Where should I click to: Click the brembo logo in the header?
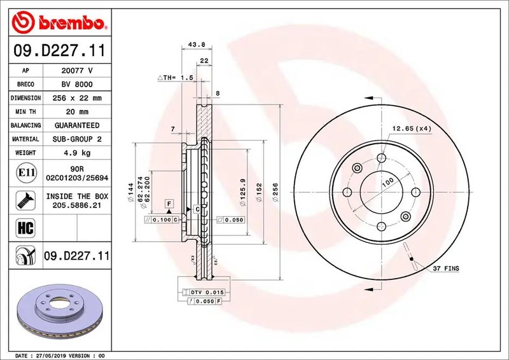point(59,23)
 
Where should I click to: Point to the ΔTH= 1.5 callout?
point(175,77)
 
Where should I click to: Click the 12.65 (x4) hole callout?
point(412,128)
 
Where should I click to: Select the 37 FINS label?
point(445,268)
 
